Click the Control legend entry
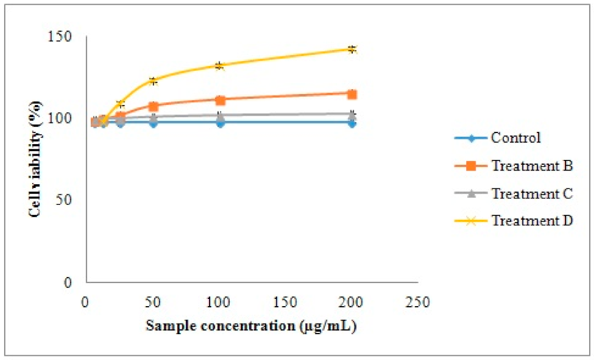coord(516,138)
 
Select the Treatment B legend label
coord(532,166)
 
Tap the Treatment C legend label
coord(532,193)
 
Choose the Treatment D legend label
coord(532,221)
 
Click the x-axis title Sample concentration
coord(252,326)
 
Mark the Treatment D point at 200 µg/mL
coord(352,49)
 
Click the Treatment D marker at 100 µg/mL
coord(220,65)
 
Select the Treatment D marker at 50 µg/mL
coord(153,81)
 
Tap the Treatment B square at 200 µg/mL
coord(352,94)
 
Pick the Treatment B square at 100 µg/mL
coord(220,100)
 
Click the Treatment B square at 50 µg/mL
coord(153,106)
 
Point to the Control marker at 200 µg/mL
coord(352,123)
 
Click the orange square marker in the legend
coord(472,166)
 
